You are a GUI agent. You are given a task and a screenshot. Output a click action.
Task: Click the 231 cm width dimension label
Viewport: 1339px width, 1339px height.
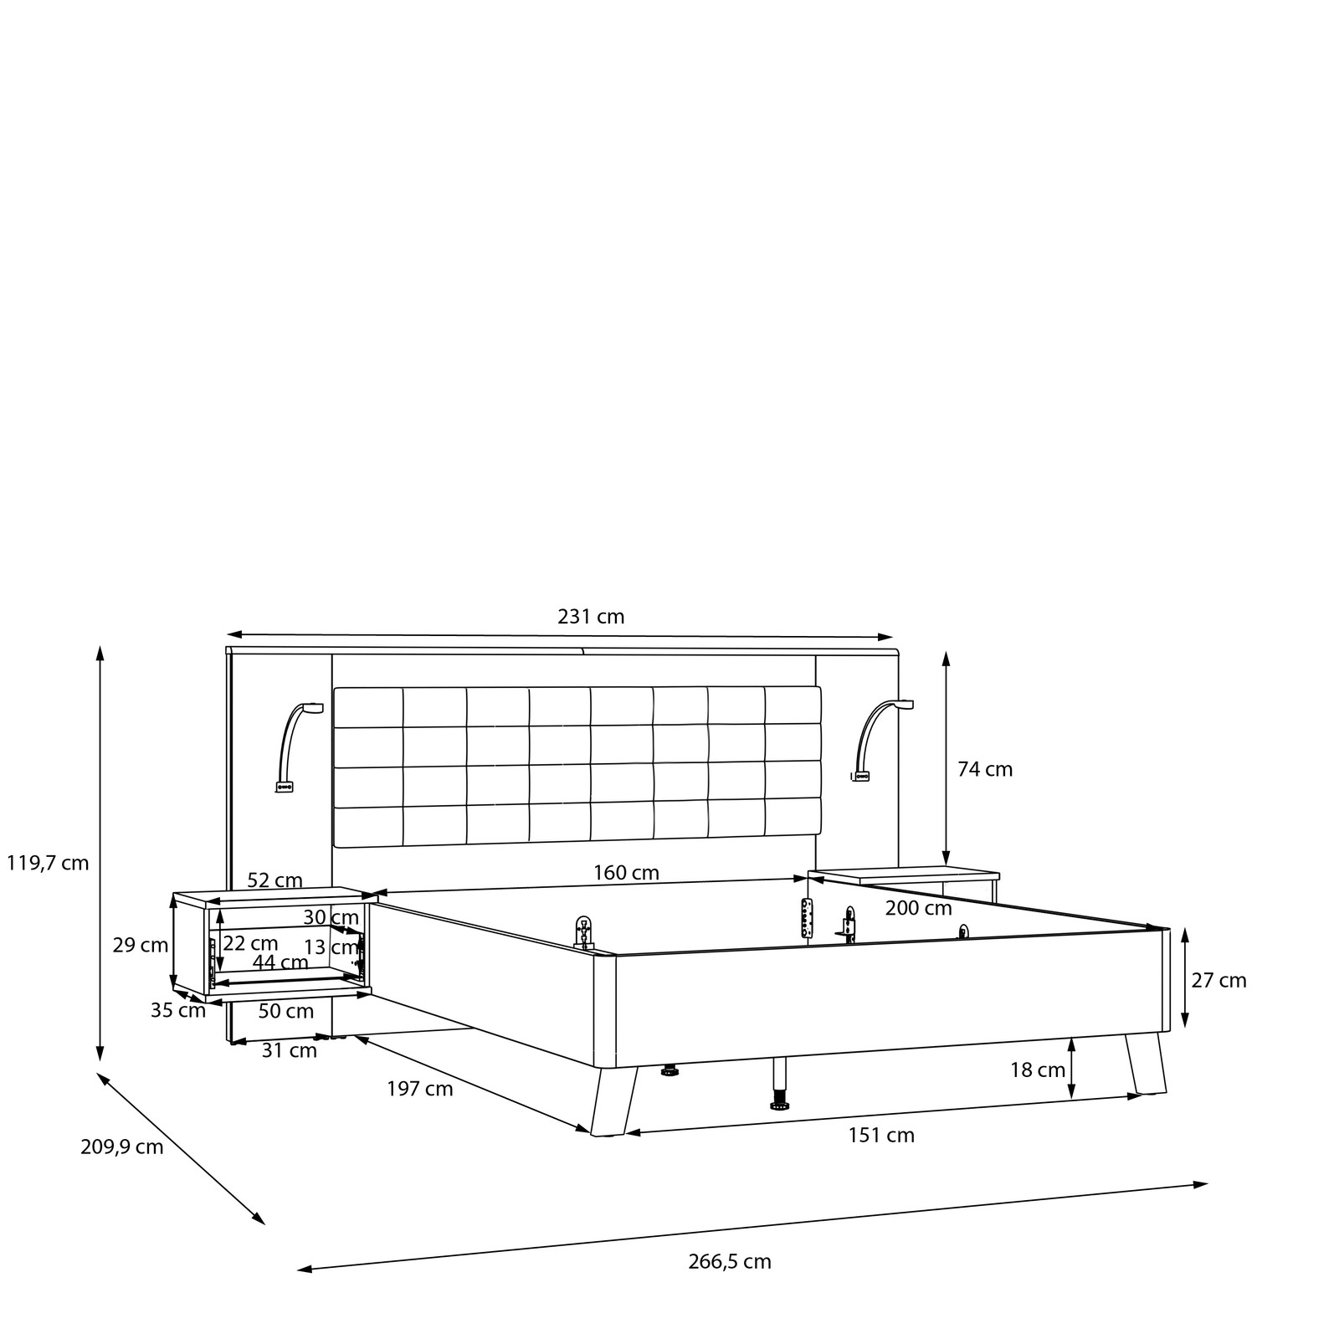591,617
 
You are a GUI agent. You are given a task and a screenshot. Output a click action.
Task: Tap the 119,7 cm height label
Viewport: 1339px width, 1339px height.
48,863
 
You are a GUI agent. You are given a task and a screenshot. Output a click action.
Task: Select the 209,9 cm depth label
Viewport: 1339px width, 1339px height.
122,1147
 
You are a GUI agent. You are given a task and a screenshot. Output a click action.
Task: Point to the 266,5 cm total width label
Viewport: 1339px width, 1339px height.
730,1261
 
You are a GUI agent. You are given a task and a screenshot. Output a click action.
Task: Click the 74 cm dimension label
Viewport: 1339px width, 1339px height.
985,769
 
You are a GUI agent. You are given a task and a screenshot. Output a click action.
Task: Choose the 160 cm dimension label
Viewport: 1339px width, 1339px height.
626,873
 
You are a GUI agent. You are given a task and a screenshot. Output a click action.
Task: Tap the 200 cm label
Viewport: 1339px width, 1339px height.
919,908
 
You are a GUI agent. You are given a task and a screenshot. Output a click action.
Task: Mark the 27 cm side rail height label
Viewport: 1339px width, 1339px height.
1219,980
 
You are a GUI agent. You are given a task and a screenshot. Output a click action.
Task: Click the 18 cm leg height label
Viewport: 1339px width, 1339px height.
1038,1070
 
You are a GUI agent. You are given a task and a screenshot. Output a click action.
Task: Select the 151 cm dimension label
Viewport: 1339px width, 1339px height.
881,1136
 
